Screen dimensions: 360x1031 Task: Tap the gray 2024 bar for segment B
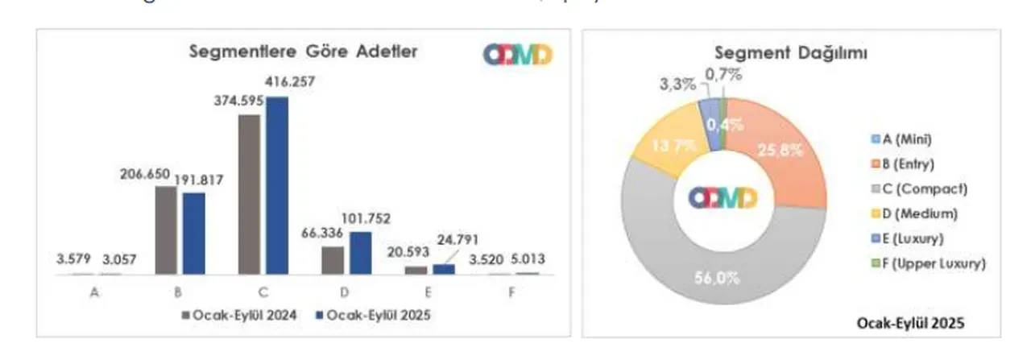165,230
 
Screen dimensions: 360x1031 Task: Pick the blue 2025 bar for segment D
361,253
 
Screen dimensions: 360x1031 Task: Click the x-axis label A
95,293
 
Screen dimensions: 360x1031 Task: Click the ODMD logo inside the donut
723,198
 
